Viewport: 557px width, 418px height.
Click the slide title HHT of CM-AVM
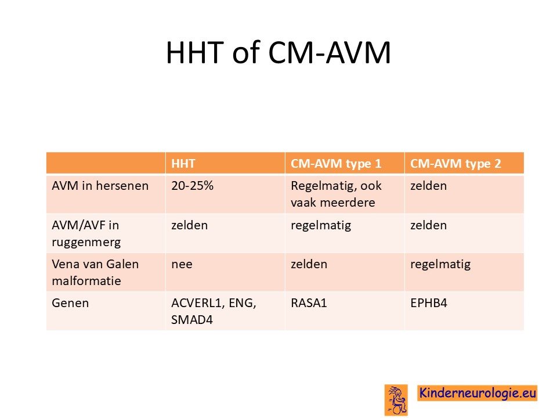coord(278,53)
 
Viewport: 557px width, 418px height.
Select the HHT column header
coord(183,164)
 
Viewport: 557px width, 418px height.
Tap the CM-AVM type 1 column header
coord(336,164)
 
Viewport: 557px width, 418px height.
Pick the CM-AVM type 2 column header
coord(455,164)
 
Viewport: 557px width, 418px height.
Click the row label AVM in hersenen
coord(100,186)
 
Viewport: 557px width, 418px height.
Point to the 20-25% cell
coord(192,186)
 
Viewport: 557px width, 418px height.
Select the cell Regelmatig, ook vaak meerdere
coord(336,194)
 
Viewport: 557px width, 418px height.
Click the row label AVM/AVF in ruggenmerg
coord(86,233)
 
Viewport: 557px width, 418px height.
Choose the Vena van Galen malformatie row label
coord(95,272)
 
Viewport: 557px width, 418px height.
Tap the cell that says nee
coord(182,265)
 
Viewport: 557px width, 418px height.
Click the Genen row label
coord(70,303)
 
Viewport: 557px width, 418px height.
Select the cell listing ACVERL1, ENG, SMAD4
coord(214,311)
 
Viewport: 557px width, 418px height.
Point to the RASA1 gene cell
coord(309,303)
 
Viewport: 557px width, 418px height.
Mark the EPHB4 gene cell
coord(428,303)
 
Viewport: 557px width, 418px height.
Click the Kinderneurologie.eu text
coord(478,393)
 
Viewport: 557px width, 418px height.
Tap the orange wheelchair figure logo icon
coord(396,399)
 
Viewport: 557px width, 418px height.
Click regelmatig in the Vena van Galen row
coord(440,265)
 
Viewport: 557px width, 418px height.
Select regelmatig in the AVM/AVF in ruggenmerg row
coord(321,226)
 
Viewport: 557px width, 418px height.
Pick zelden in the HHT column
coord(189,225)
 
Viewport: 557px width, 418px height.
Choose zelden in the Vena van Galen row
coord(309,264)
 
